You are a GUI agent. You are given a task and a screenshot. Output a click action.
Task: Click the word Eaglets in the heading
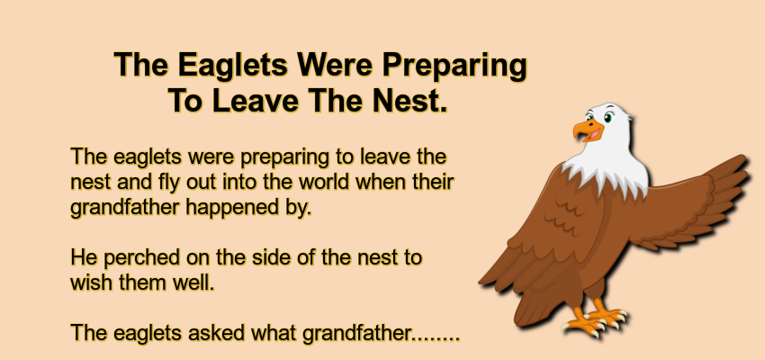pos(233,65)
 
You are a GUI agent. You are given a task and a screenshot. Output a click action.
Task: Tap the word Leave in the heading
pos(256,101)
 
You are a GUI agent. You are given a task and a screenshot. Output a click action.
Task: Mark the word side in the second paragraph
pos(270,257)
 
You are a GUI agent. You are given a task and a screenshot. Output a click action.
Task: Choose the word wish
pos(89,283)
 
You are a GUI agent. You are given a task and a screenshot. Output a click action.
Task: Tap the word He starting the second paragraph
pos(84,257)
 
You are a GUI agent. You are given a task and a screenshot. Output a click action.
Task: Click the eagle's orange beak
pos(588,130)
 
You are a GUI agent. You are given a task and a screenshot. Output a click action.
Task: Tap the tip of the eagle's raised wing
pos(743,158)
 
